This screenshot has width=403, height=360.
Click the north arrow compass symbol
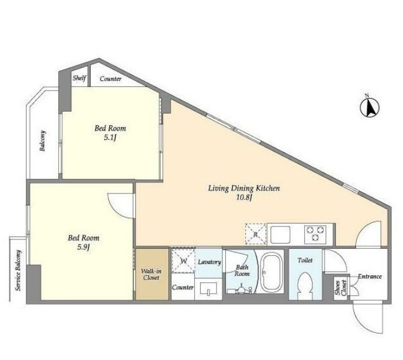coord(370,108)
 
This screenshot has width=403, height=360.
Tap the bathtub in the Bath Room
coord(272,271)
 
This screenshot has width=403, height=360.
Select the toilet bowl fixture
coord(305,285)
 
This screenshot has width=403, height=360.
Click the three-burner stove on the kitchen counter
coord(316,234)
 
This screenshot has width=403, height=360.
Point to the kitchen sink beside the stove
coord(281,234)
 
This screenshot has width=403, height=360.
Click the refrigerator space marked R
coord(256,234)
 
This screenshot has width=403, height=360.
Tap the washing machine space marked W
coord(183,260)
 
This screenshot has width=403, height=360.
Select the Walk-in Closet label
coord(151,274)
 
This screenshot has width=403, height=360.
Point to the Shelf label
coord(79,78)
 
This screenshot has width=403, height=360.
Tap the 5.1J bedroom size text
coord(110,138)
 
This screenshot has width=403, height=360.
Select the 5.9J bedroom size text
coord(84,247)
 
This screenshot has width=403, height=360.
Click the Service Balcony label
coord(18,271)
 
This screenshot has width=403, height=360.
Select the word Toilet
coord(305,261)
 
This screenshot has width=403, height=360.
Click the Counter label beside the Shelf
coord(111,79)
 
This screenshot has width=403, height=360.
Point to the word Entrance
coord(369,276)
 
